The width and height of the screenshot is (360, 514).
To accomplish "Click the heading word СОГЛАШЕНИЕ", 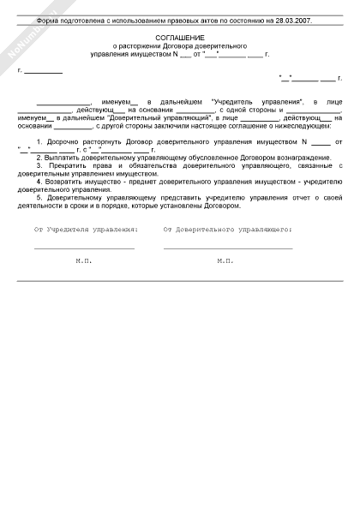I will pyautogui.click(x=179, y=39).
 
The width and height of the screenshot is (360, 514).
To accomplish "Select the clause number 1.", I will pyautogui.click(x=39, y=139).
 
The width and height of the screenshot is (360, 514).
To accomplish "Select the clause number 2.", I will pyautogui.click(x=39, y=159).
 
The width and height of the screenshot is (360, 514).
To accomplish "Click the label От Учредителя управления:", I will pyautogui.click(x=86, y=230).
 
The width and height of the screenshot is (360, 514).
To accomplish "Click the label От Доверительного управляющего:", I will pyautogui.click(x=227, y=230).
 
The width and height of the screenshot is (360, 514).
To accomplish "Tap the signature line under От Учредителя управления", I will pyautogui.click(x=84, y=248).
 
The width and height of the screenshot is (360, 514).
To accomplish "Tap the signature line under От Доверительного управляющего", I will pyautogui.click(x=227, y=248).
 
